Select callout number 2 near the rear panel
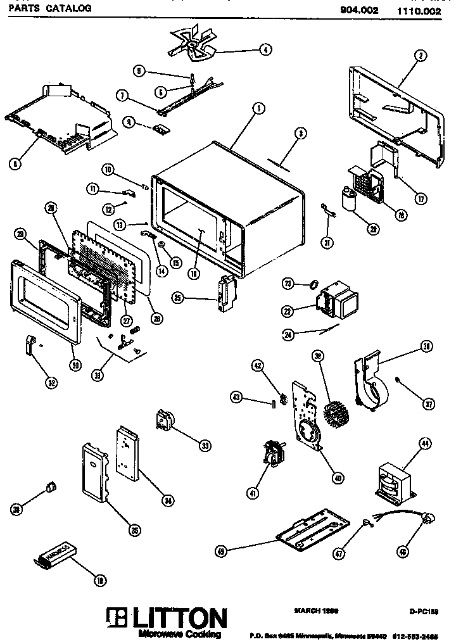click(419, 56)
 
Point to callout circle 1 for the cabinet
click(258, 109)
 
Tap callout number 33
click(205, 446)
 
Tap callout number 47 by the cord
click(340, 553)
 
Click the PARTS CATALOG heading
click(47, 8)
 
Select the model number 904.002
click(350, 8)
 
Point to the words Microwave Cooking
click(180, 635)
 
